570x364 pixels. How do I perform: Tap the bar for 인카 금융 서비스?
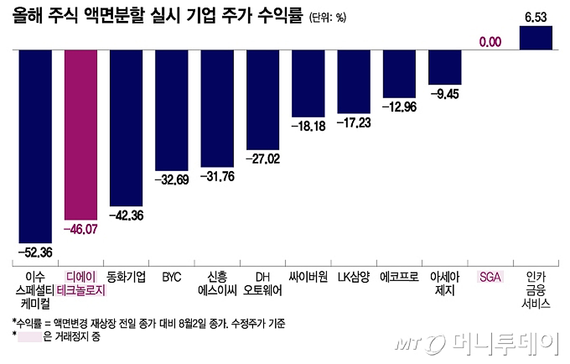point(536,38)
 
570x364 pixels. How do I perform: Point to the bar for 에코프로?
point(399,74)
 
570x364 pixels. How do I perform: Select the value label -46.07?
point(81,230)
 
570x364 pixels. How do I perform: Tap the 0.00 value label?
point(490,42)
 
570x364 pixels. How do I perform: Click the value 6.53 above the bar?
point(536,18)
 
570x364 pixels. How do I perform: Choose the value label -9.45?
point(445,93)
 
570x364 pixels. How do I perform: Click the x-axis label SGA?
point(490,277)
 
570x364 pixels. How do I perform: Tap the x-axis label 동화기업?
point(126,277)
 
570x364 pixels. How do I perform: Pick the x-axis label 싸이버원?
point(308,277)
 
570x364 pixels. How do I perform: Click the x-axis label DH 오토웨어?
point(263,283)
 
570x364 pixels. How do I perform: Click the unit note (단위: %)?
point(328,18)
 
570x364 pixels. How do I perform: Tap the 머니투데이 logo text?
point(503,343)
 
